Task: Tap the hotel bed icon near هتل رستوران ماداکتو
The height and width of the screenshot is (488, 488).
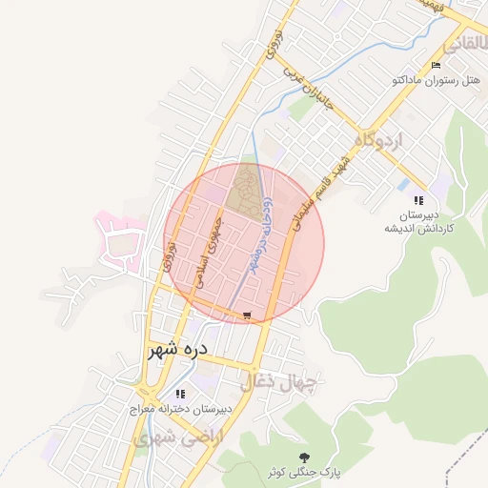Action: tap(437, 65)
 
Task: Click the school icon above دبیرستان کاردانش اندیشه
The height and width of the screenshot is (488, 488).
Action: tap(417, 200)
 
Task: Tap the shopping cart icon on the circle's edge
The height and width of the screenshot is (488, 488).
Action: tap(248, 315)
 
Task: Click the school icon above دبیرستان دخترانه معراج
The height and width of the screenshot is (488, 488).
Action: tap(179, 394)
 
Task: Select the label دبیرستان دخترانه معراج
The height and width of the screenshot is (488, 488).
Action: tap(182, 410)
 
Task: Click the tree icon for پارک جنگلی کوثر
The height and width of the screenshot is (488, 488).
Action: tap(304, 457)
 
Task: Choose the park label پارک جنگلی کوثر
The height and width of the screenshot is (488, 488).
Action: tap(305, 473)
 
